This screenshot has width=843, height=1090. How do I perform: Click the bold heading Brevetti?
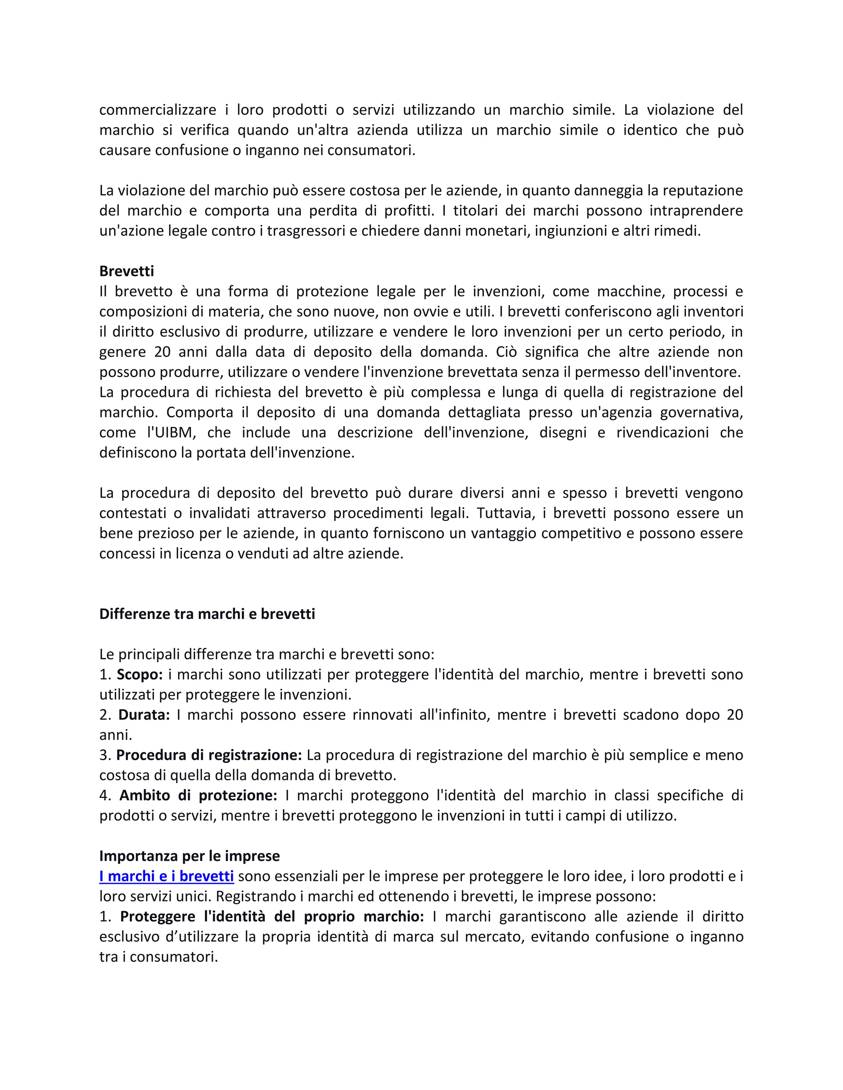click(x=126, y=271)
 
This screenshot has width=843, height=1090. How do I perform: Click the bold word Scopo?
click(x=140, y=674)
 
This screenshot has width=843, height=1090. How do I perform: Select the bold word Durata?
click(x=144, y=715)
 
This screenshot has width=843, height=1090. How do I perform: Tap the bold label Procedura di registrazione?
click(x=209, y=755)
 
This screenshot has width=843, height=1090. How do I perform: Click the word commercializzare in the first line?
click(x=157, y=110)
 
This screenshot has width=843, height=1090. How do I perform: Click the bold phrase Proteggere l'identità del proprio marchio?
click(x=272, y=916)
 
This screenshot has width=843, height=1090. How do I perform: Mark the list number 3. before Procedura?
click(x=105, y=755)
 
